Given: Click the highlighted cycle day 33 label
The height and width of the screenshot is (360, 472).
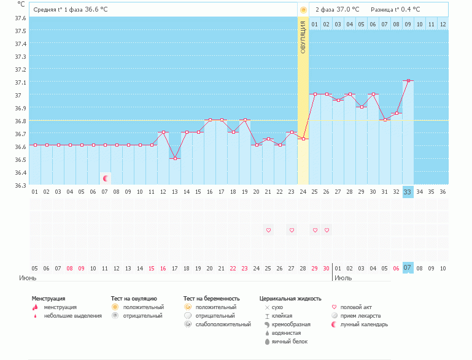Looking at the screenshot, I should [x=408, y=192].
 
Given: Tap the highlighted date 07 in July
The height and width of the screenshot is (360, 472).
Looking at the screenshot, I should [x=408, y=268].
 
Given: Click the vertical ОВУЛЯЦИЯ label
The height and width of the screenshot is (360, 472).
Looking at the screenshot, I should [x=303, y=47].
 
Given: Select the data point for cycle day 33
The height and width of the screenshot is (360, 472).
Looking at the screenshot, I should [x=408, y=80].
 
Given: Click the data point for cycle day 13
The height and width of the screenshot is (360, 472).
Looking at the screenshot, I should [x=175, y=158].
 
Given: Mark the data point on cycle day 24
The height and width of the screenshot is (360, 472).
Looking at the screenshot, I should [x=303, y=139].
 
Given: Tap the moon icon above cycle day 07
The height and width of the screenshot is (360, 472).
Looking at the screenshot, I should [x=106, y=178].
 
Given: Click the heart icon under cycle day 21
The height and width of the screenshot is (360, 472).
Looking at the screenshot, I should [x=268, y=230].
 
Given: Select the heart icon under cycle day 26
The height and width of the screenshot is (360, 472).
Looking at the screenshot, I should [x=327, y=230].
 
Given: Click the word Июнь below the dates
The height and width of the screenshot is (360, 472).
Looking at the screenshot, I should [x=27, y=278].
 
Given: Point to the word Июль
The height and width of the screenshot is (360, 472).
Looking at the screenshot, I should [x=343, y=278].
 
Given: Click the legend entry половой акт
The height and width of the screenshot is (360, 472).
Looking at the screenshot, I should [x=356, y=307].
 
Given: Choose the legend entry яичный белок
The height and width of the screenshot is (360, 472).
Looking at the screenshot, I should [x=290, y=341].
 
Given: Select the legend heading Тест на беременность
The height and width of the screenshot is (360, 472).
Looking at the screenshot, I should [x=211, y=298].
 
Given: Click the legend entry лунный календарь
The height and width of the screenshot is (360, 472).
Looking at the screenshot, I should [x=364, y=324].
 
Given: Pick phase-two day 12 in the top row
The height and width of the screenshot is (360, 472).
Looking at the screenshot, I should [x=443, y=24].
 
